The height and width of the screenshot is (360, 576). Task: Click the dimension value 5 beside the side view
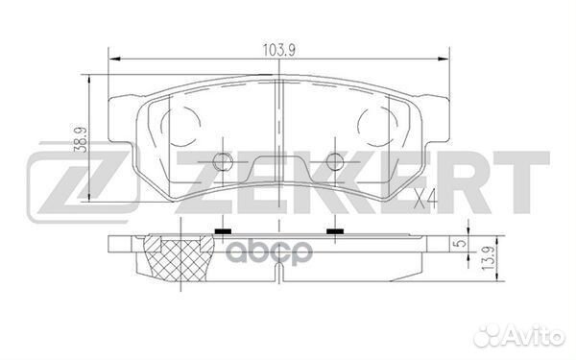(460, 243)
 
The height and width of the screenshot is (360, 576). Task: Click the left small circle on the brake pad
(223, 161)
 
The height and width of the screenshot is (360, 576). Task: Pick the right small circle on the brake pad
(334, 161)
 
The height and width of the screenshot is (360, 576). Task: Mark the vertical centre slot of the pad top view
(277, 125)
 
